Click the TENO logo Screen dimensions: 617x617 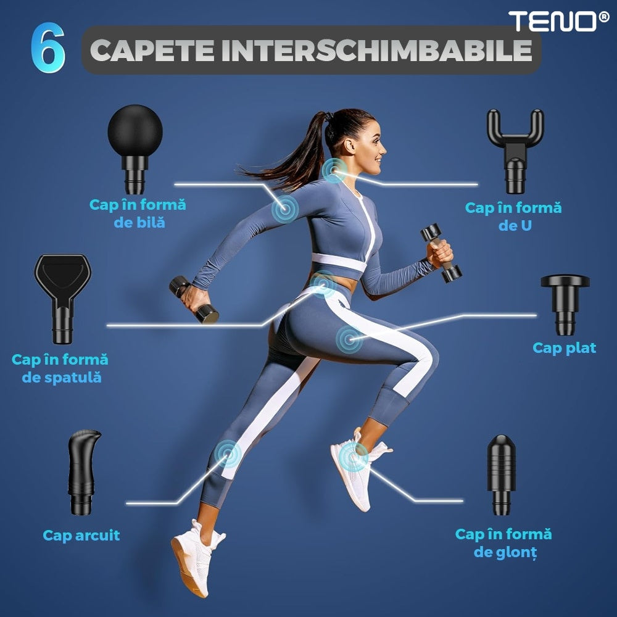(x=558, y=21)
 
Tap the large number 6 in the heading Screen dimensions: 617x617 (x=48, y=48)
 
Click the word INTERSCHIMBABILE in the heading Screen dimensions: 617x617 (x=376, y=51)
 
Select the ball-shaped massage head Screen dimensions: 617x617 (x=135, y=148)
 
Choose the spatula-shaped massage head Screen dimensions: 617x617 (x=62, y=298)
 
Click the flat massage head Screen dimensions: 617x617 (x=565, y=304)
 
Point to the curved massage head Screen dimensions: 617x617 (x=83, y=472)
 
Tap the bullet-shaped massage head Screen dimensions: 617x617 (x=501, y=474)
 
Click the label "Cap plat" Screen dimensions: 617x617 (x=565, y=348)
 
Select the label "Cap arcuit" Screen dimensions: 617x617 (x=81, y=535)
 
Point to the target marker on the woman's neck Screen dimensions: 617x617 (x=334, y=170)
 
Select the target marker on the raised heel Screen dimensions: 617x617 (x=354, y=457)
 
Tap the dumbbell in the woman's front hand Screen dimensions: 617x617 (x=441, y=253)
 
